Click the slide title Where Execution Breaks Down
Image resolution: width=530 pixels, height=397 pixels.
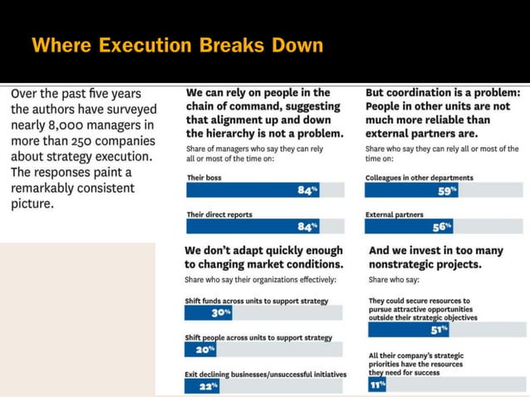click(177, 45)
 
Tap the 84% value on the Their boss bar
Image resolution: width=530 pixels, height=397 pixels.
click(307, 190)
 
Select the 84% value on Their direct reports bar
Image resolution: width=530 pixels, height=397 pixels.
click(307, 227)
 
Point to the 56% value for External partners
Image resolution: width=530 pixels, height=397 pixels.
click(441, 227)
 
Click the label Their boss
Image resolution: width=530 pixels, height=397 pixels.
click(204, 178)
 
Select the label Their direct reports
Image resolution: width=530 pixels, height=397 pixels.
click(221, 214)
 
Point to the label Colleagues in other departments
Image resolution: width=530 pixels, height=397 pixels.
click(419, 178)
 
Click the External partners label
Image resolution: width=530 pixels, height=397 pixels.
click(395, 214)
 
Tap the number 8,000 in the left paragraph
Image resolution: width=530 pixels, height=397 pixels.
click(71, 125)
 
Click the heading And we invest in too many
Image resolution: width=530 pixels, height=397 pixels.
click(435, 250)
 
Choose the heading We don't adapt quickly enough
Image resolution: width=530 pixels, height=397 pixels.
click(263, 250)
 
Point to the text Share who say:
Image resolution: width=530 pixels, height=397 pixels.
click(393, 281)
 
